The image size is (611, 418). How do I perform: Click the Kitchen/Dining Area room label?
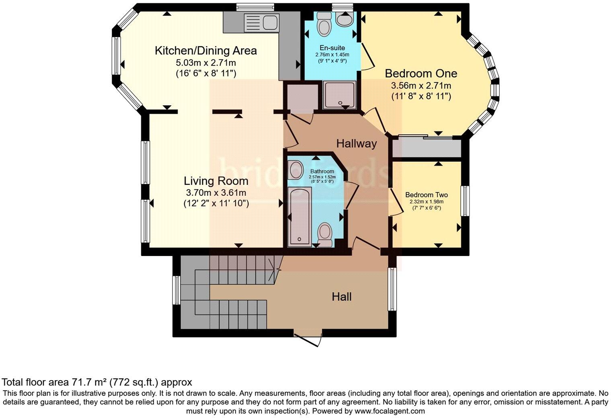[206, 51]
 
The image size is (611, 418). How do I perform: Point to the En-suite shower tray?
[340, 95]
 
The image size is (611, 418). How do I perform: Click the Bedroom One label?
[421, 74]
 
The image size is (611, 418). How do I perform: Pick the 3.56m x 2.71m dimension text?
[421, 86]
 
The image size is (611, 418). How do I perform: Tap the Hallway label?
[356, 143]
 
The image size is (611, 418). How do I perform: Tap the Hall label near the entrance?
[342, 297]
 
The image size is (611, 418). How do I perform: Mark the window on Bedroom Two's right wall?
[465, 201]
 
